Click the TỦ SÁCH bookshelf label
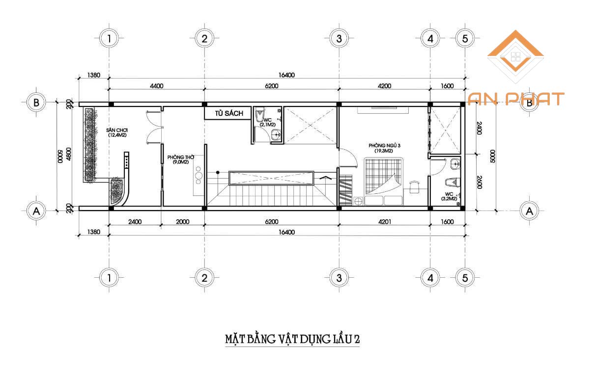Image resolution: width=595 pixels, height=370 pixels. click(229, 113)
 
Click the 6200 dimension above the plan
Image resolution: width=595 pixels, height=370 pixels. click(272, 86)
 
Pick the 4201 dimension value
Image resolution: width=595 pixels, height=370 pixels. click(384, 222)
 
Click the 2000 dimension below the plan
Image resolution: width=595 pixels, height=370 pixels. click(182, 222)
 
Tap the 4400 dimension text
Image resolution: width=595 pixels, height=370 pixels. click(156, 86)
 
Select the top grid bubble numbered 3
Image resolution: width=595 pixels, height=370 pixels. click(339, 39)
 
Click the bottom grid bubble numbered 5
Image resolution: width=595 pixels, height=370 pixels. click(465, 278)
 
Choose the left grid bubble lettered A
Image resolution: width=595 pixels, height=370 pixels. click(36, 211)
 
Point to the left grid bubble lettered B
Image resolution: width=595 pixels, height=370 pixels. click(36, 103)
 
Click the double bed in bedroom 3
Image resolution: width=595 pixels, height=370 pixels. click(384, 182)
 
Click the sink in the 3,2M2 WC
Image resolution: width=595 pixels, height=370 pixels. click(455, 164)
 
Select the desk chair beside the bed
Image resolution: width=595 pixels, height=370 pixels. click(414, 186)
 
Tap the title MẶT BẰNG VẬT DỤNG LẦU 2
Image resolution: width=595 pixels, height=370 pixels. click(292, 339)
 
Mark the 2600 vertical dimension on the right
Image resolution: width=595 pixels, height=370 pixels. click(479, 182)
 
